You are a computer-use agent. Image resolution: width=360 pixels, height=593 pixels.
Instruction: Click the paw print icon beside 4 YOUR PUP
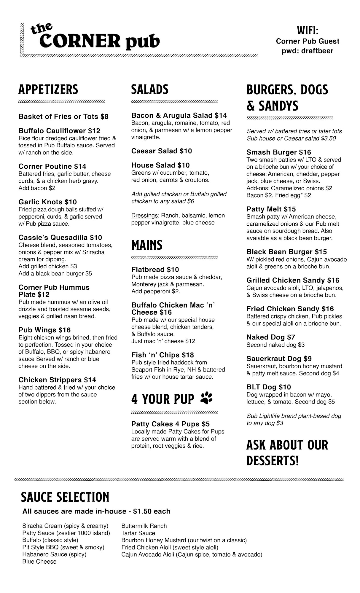[206, 398]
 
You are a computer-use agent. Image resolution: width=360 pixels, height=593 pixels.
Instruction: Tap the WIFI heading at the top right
[308, 30]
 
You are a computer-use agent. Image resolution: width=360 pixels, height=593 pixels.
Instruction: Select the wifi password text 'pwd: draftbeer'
[308, 51]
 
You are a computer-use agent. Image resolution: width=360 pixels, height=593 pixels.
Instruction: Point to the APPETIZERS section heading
[48, 90]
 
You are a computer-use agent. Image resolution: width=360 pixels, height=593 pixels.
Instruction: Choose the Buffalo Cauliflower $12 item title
[59, 131]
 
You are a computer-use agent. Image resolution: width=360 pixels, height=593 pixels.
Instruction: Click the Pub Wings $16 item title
[44, 330]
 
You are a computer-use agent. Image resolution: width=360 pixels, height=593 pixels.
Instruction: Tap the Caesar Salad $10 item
[162, 151]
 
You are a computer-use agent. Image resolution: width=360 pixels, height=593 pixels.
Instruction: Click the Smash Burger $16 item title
[279, 152]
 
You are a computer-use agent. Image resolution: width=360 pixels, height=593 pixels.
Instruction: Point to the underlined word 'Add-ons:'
[258, 188]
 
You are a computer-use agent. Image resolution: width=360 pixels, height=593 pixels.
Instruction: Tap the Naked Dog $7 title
[271, 337]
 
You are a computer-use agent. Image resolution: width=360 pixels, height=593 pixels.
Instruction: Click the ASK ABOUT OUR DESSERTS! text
[287, 453]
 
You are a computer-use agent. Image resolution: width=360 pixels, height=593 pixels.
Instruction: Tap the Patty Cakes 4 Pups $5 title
[171, 424]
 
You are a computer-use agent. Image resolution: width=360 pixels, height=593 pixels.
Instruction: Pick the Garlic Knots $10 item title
[47, 202]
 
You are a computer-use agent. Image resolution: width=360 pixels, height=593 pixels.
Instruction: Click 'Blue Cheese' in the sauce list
[39, 562]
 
